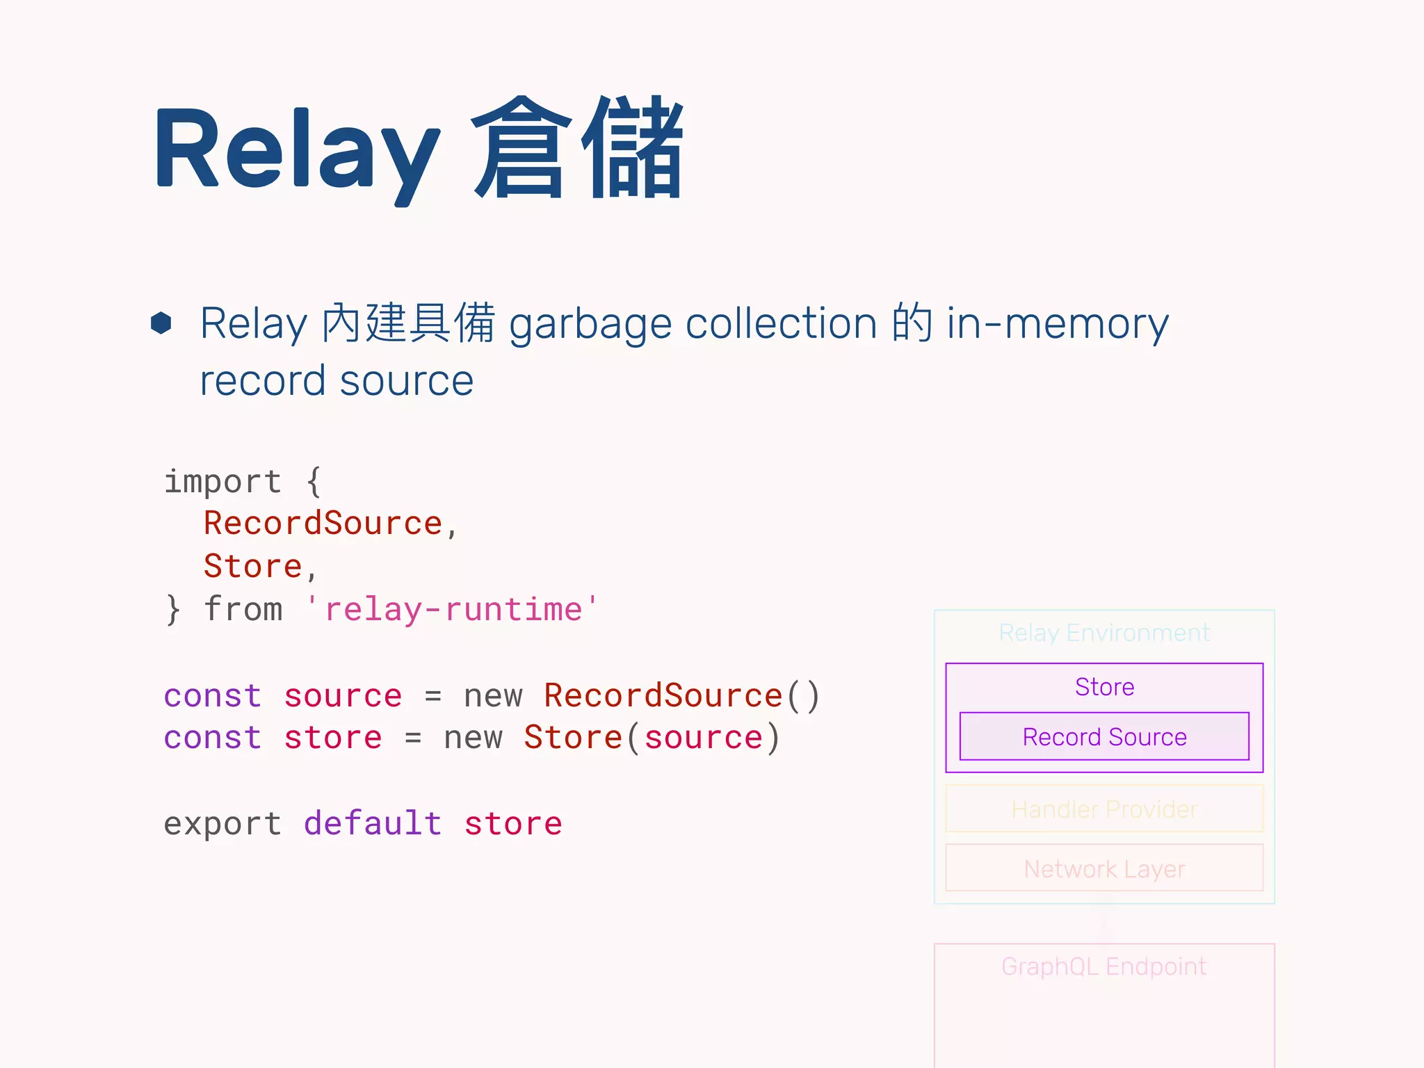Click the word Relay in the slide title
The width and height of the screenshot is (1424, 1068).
click(x=296, y=149)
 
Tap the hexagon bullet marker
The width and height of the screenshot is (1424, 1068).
click(x=161, y=323)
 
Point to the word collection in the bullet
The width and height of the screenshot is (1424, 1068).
click(x=781, y=323)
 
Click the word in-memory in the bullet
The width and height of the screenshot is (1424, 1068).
click(x=1057, y=324)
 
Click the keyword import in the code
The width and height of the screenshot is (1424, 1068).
click(x=222, y=481)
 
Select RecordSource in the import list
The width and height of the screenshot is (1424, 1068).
click(x=323, y=524)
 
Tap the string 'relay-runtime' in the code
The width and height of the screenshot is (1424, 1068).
click(x=452, y=610)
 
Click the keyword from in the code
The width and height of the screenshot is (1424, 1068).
click(x=243, y=610)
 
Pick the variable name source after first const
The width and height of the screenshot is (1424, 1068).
click(x=343, y=696)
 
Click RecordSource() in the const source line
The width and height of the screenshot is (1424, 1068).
click(x=681, y=696)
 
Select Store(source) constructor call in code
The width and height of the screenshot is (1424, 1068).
click(x=652, y=738)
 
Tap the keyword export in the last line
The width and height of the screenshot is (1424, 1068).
click(x=222, y=824)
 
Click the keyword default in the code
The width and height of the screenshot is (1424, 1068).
click(x=373, y=824)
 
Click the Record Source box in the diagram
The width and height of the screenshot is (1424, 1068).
click(x=1104, y=737)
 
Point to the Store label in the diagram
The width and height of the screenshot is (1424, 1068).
click(x=1104, y=687)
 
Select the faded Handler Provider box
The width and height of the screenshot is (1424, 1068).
click(x=1104, y=809)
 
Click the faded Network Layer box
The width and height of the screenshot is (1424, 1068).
click(x=1104, y=868)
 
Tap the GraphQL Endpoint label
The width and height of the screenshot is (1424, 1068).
click(x=1104, y=966)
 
